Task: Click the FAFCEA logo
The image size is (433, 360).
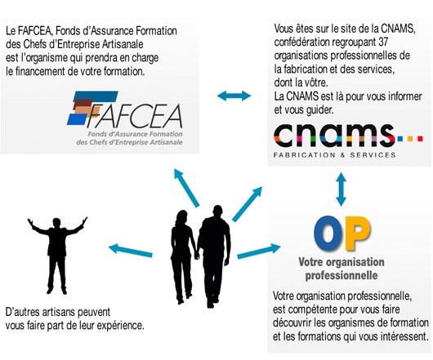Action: coord(125,118)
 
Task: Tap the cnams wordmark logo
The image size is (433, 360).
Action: coord(348,136)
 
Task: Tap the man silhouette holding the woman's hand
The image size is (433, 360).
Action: coord(214,256)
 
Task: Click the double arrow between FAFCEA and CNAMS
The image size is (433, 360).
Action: coord(234,96)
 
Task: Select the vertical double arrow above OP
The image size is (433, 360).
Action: coord(341,189)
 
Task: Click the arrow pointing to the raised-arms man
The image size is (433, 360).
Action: coord(131,251)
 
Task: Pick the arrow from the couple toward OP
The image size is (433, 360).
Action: coord(259,251)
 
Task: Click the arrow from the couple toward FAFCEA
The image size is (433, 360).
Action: coord(186,188)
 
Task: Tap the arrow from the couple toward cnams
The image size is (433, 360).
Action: coord(248,204)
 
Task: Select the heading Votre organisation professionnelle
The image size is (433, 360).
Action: coord(341,269)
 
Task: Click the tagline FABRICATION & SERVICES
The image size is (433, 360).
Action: coord(335,155)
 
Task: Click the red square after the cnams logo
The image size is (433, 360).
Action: coord(420,139)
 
